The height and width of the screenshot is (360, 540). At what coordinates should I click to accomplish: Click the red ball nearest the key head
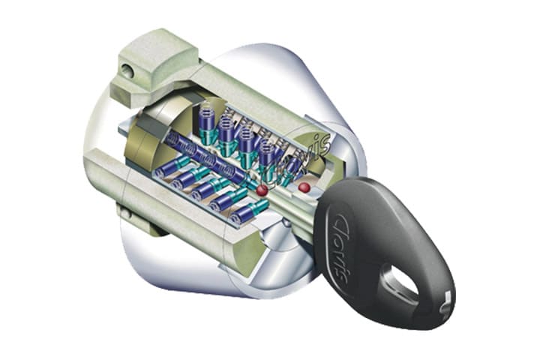pyautogui.click(x=304, y=187)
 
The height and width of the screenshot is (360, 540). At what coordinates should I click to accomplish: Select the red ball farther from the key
pyautogui.click(x=262, y=190)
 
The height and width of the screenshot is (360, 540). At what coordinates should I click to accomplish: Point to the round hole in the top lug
pyautogui.click(x=127, y=71)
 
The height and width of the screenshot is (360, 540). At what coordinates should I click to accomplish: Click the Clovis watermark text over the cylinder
pyautogui.click(x=296, y=158)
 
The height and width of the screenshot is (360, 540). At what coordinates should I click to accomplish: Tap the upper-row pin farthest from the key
pyautogui.click(x=207, y=124)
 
